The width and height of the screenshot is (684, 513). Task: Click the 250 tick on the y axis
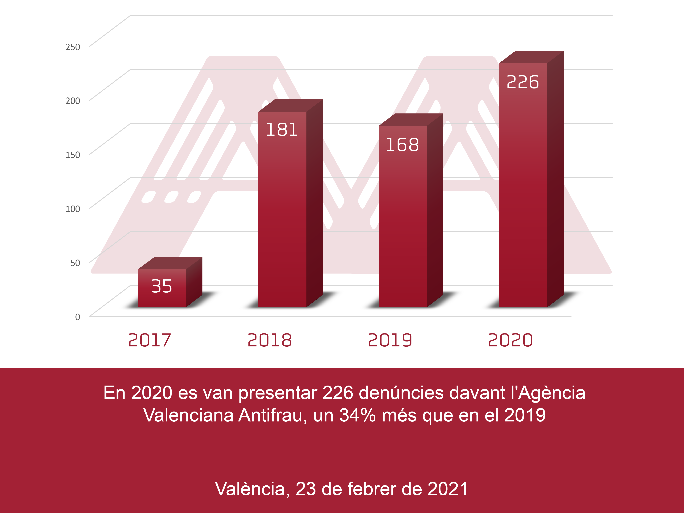coord(73,47)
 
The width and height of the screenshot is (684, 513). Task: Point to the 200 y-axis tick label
coord(73,101)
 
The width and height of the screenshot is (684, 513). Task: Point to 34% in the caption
coord(357,415)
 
